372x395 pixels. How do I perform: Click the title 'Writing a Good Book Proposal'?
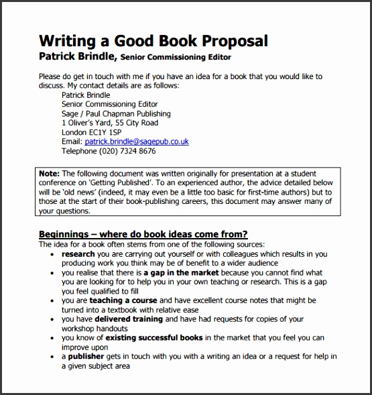coord(153,41)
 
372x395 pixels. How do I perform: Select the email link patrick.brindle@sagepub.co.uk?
coord(136,142)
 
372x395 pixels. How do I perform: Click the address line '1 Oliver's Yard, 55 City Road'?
coord(109,123)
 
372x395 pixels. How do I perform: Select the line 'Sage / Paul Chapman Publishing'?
coord(115,113)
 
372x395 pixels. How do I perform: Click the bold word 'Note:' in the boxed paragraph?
coord(50,173)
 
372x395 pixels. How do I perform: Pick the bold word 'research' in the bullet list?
coord(78,254)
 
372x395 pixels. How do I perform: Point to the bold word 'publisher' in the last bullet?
coord(86,356)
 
